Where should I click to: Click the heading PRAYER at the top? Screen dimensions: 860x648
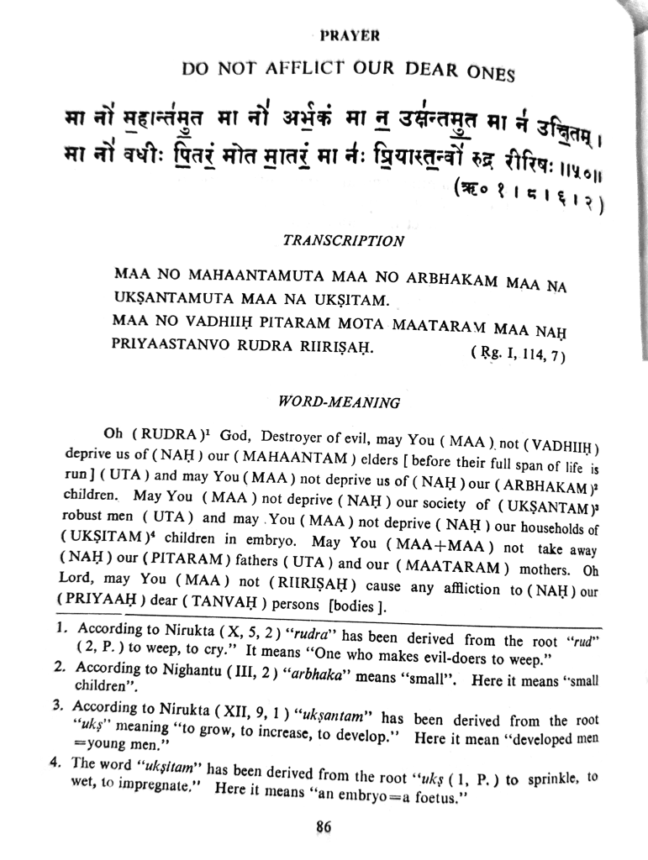350,36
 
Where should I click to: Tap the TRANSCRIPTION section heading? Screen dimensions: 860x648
343,240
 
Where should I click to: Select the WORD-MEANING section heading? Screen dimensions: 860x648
343,401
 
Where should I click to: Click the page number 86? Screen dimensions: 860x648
324,826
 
